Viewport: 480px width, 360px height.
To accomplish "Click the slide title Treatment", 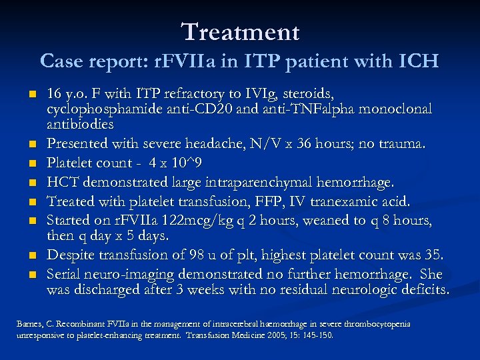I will pos(240,31).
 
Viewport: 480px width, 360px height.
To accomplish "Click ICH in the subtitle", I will pos(419,61).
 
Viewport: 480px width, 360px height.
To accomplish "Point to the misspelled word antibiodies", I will pos(80,124).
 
